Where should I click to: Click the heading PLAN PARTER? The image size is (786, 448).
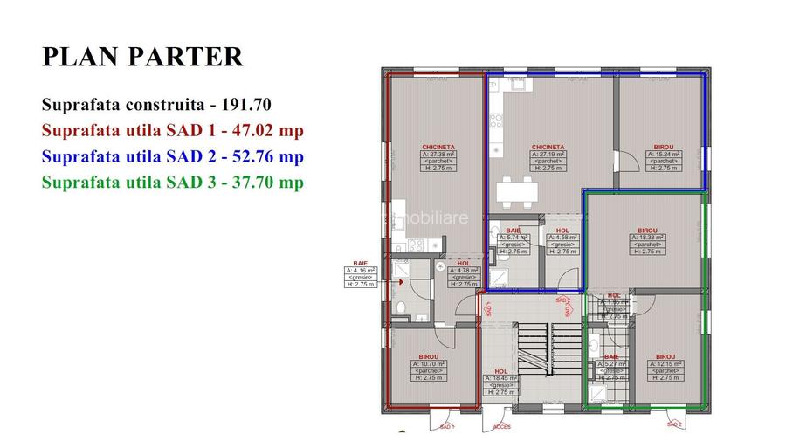tap(142, 57)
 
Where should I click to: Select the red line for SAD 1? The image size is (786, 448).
tap(172, 131)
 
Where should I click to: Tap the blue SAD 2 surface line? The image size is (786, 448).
tap(172, 157)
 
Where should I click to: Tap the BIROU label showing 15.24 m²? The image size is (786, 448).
tap(664, 148)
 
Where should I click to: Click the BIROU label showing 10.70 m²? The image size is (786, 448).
tap(428, 357)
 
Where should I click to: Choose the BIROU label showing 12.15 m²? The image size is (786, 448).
tap(665, 357)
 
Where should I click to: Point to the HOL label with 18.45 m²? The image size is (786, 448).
tap(500, 371)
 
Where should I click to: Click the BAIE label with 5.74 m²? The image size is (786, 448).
tap(513, 231)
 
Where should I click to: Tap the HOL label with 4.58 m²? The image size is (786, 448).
tap(562, 231)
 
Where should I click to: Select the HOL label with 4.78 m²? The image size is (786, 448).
tap(464, 263)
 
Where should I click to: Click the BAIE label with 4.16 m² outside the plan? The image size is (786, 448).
tap(361, 263)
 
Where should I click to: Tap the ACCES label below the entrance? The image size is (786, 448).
tap(501, 427)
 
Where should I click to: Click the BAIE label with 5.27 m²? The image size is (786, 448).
tap(611, 357)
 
